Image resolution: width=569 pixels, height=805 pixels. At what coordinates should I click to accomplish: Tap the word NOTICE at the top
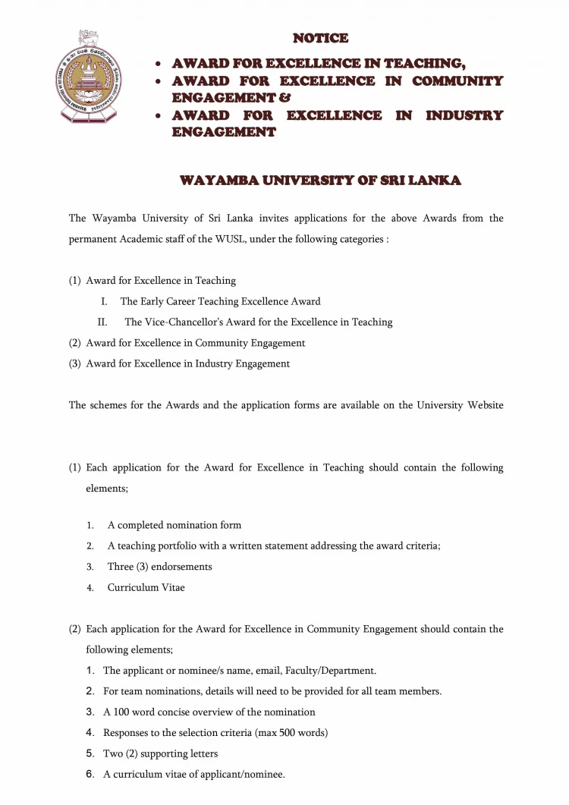click(x=321, y=38)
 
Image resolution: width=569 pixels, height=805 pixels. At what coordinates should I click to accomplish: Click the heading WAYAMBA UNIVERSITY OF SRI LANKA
click(x=320, y=181)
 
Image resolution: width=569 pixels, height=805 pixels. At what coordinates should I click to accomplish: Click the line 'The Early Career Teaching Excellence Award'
click(x=220, y=301)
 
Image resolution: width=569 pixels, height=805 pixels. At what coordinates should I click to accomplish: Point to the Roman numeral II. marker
click(x=102, y=322)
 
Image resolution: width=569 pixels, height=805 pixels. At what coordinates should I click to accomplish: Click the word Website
click(x=482, y=405)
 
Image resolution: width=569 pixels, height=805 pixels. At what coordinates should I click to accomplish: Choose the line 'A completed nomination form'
click(x=174, y=525)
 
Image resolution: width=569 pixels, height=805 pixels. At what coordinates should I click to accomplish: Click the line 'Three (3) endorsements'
click(x=159, y=567)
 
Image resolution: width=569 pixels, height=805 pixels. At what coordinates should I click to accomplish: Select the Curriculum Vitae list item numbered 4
click(x=146, y=587)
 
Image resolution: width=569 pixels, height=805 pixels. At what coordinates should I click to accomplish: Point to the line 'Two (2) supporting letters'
click(x=160, y=753)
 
